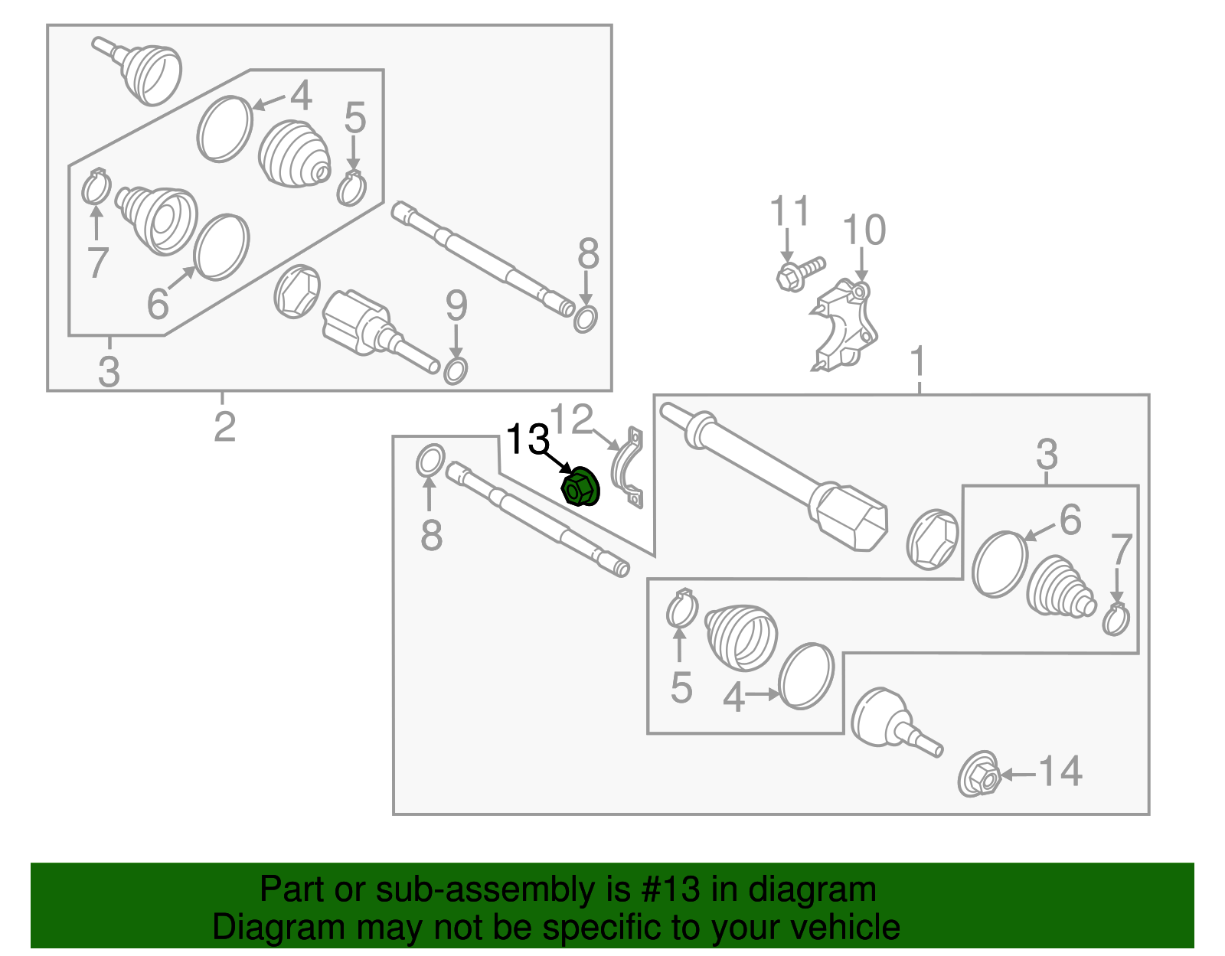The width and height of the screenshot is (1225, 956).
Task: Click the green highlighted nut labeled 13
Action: coord(581,488)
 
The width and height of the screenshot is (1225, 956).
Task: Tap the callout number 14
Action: coord(1060,772)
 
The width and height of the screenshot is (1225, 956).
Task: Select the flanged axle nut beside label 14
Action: coord(978,775)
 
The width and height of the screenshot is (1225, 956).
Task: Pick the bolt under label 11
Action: coord(801,274)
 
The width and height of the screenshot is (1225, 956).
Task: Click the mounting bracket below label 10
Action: coord(844,325)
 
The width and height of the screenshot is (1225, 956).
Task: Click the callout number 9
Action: coord(456,306)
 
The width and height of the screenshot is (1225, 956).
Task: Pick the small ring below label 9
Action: coord(456,370)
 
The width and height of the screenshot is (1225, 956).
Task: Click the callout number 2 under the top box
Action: coord(224,427)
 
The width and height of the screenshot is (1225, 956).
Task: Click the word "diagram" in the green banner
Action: coord(812,889)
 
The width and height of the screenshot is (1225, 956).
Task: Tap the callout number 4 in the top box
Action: coord(301,96)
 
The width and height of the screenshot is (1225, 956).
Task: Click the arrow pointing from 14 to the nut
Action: coord(1018,775)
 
